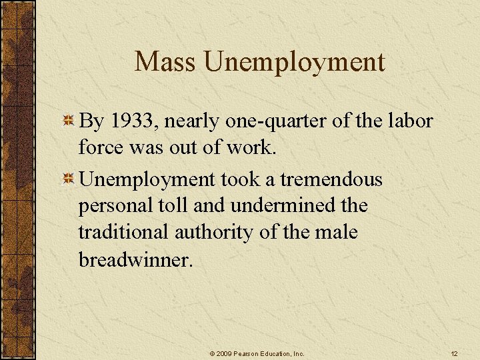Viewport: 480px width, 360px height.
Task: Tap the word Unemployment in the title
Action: tap(295, 62)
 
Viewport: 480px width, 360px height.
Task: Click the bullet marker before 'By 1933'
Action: tap(68, 121)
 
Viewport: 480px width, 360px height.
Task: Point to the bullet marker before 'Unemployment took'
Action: tap(68, 179)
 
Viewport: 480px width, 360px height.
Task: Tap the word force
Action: tap(101, 147)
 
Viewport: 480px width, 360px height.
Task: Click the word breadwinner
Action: tap(135, 259)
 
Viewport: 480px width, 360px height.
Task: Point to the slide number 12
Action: tap(454, 353)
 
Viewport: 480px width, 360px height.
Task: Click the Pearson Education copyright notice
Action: tap(256, 353)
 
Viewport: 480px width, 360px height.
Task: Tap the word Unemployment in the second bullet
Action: tap(147, 179)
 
